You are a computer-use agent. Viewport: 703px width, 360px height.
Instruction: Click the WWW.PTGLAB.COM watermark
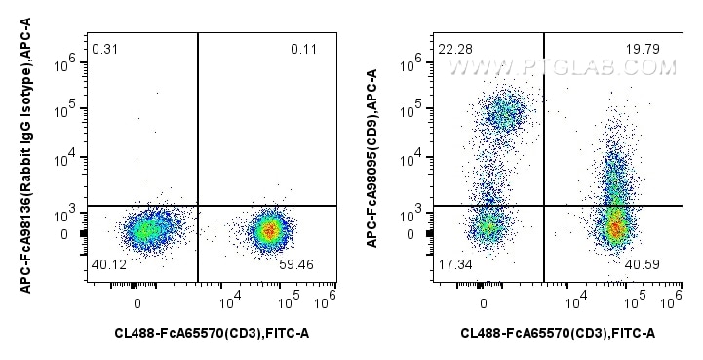(x=563, y=67)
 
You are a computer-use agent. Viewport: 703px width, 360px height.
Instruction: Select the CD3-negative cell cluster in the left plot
(x=144, y=230)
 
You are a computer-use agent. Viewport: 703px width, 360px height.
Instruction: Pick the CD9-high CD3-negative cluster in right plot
(x=505, y=112)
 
